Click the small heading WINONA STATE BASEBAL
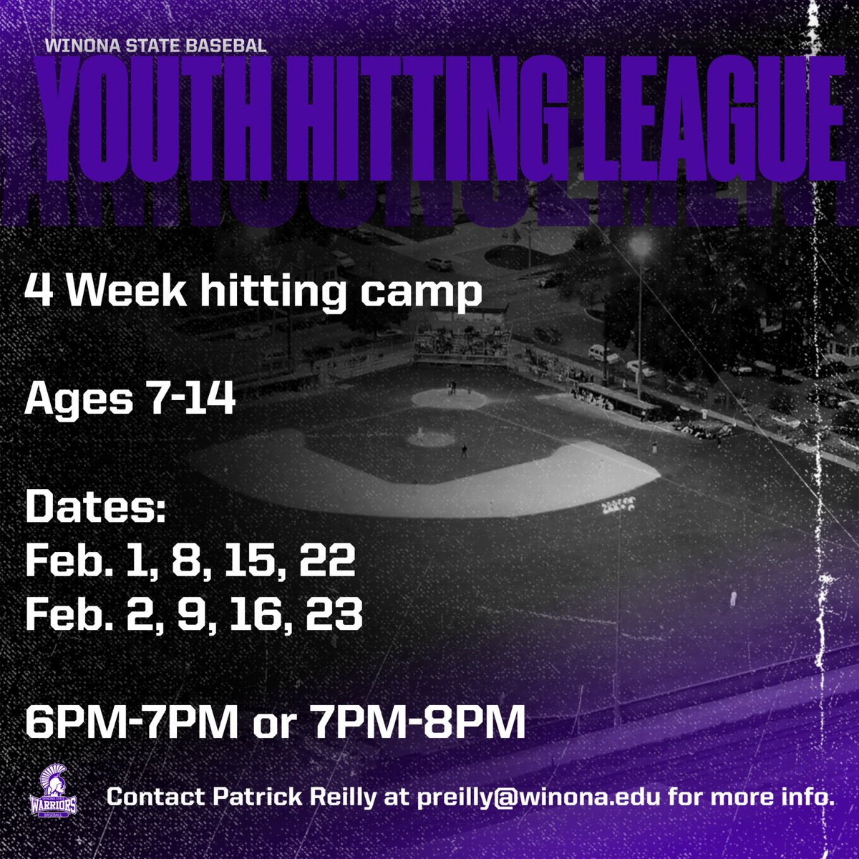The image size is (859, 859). pos(155,45)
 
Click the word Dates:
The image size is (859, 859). pos(96,510)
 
